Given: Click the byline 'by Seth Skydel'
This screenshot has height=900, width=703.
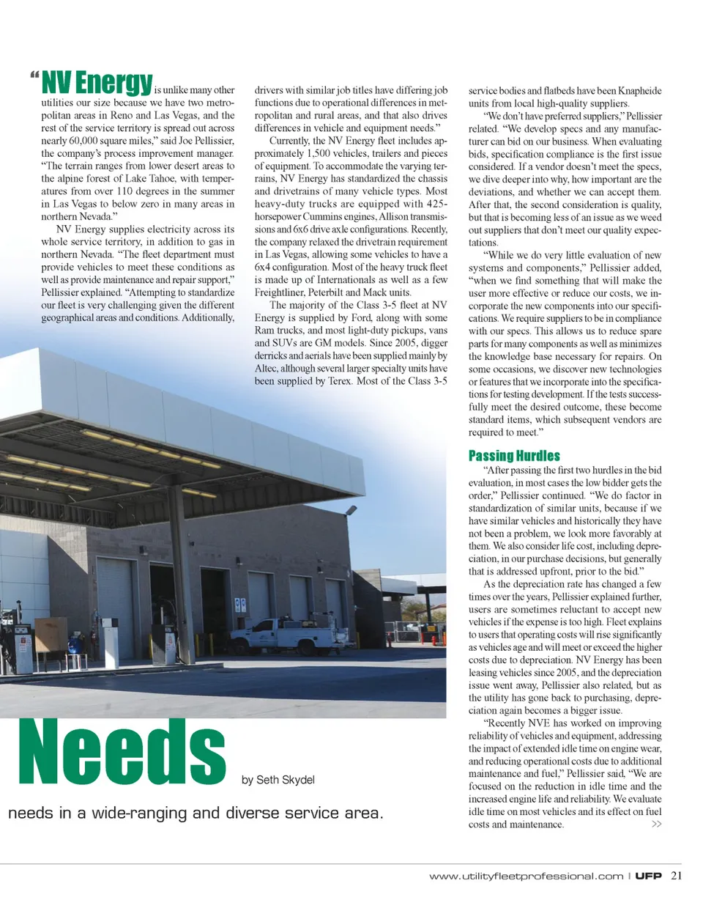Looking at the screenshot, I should (278, 780).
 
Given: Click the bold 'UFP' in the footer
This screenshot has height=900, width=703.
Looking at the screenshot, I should (648, 875).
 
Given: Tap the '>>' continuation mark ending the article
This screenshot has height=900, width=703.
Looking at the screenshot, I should (656, 825).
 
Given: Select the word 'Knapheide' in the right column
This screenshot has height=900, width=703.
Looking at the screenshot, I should (639, 91).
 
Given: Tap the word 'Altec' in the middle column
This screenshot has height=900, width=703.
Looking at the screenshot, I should (267, 369).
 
